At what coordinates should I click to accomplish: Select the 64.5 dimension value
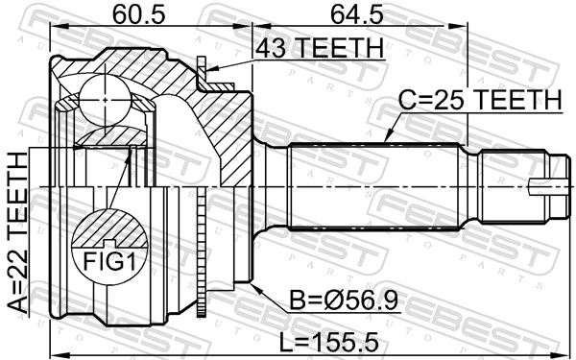pyautogui.click(x=370, y=15)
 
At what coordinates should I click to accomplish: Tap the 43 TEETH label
pyautogui.click(x=318, y=46)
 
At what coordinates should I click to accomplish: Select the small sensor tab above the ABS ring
pyautogui.click(x=203, y=70)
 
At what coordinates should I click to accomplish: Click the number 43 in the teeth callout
pyautogui.click(x=266, y=46)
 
